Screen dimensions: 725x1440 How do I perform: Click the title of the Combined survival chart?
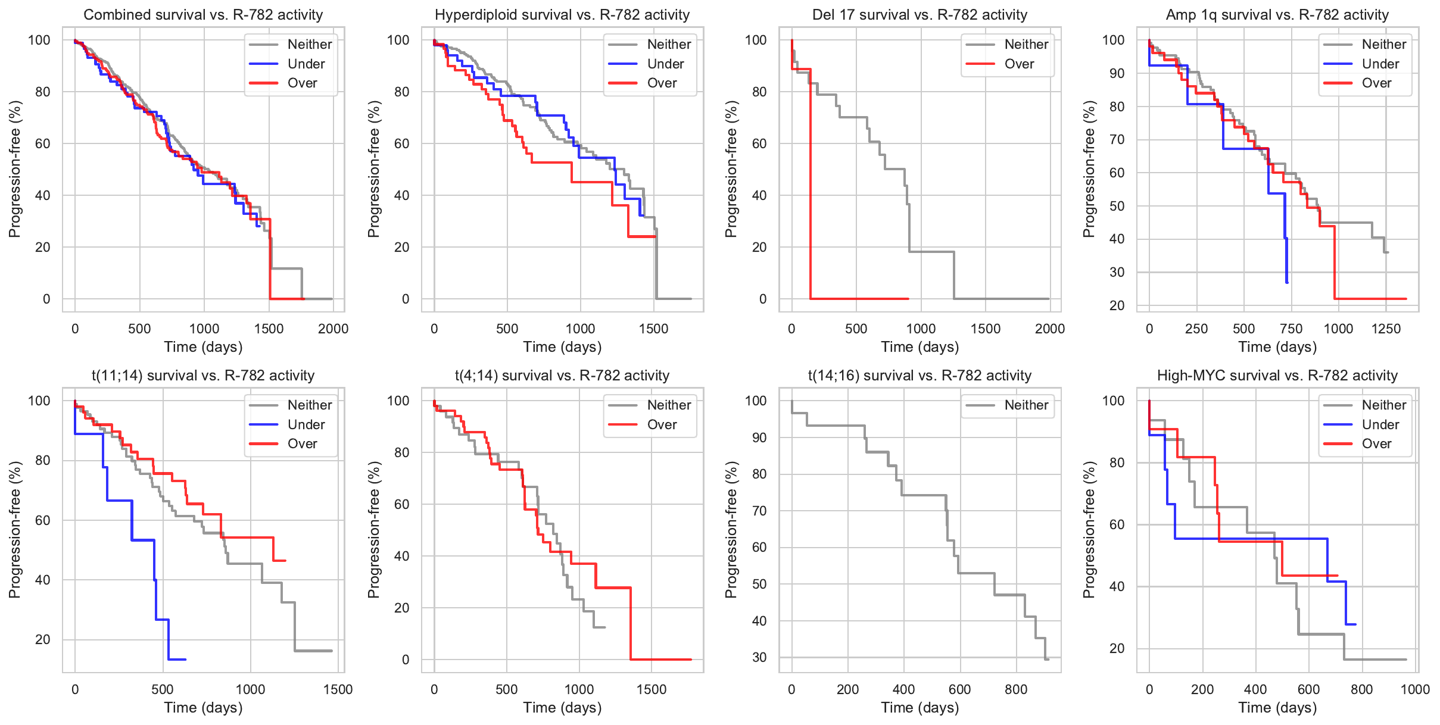click(203, 15)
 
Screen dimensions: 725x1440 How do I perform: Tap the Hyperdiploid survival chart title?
click(562, 15)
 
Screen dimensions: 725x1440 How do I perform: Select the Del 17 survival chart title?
click(920, 15)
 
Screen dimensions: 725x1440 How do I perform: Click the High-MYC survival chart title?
click(1277, 376)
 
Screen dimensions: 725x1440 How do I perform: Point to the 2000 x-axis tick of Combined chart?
click(333, 329)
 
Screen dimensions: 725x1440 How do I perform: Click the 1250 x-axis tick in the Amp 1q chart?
click(1386, 329)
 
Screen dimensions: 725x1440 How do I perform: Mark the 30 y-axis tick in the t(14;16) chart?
click(759, 657)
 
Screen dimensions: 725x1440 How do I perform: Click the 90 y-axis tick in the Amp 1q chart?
click(1113, 73)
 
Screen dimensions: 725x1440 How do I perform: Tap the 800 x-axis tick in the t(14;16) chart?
click(1016, 690)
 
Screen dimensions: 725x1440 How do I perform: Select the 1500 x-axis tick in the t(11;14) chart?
click(338, 690)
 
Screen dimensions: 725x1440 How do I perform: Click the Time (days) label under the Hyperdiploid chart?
click(562, 347)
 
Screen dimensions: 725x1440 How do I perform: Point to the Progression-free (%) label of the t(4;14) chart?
click(373, 530)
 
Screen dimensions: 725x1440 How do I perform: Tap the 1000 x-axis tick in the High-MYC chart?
click(1415, 690)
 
